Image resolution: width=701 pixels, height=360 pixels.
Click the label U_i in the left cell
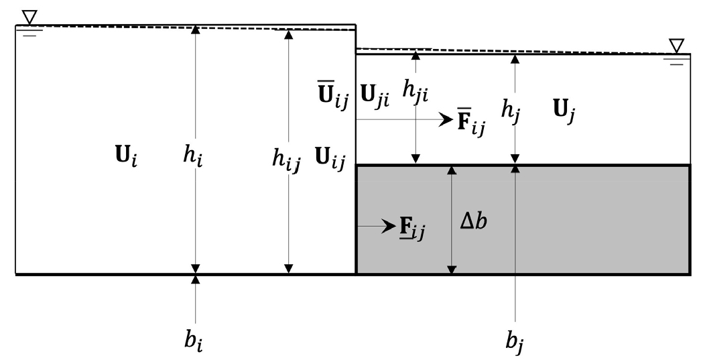click(126, 157)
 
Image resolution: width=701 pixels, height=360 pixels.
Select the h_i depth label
click(193, 157)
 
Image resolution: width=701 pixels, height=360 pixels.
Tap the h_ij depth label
click(286, 160)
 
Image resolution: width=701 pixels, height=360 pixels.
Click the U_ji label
click(374, 97)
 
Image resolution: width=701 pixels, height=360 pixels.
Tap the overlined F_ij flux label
click(471, 122)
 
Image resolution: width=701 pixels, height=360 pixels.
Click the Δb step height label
click(473, 221)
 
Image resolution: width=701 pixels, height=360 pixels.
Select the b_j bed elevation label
click(515, 340)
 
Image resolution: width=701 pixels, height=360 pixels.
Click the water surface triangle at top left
click(29, 17)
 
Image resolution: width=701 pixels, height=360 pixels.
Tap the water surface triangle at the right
click(676, 46)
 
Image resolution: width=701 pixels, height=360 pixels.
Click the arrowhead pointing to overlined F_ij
click(446, 119)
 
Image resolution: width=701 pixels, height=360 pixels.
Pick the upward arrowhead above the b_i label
click(196, 280)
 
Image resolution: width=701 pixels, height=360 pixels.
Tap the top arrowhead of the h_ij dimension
click(289, 35)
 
